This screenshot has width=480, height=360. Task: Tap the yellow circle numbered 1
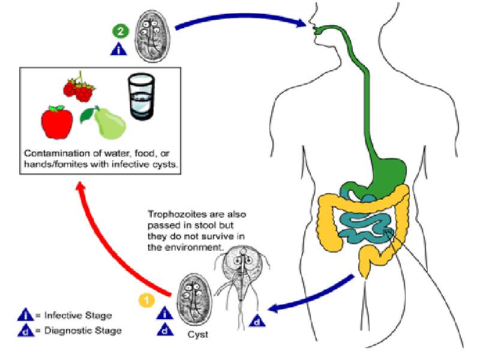pyautogui.click(x=145, y=298)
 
